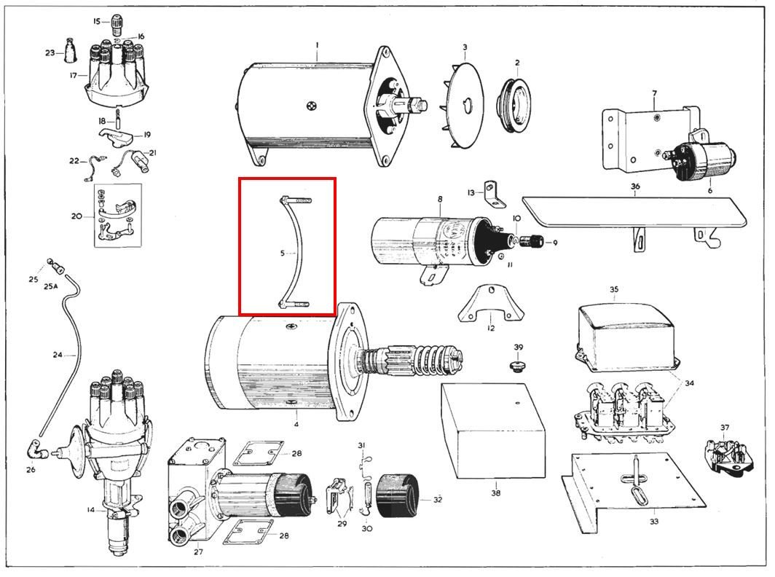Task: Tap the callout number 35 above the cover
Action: point(613,289)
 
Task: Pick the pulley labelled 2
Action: point(516,105)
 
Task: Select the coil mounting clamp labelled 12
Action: point(491,305)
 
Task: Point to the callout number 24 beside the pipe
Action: point(58,355)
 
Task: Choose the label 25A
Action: point(50,286)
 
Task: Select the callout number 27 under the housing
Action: point(197,552)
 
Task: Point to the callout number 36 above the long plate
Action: point(635,187)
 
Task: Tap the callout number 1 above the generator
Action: point(318,44)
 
